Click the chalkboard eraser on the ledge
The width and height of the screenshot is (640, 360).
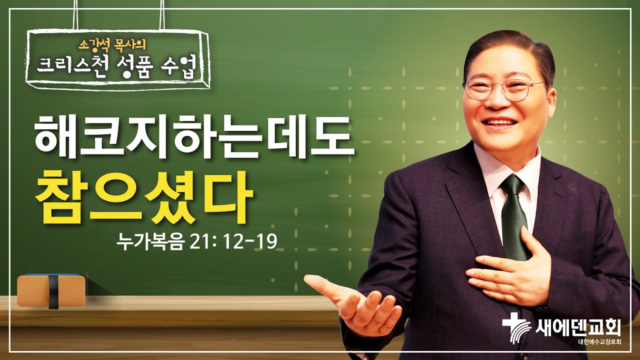(50, 290)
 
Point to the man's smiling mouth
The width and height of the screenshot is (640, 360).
(500, 122)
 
